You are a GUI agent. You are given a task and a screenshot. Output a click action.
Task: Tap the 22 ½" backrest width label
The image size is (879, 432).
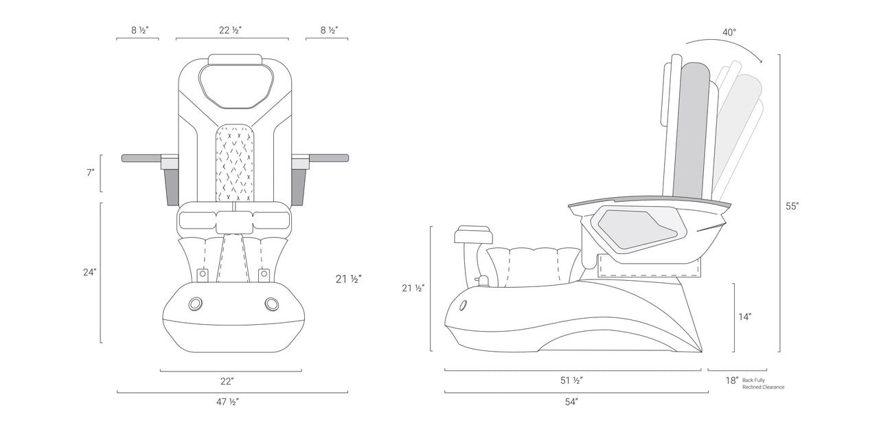(x=231, y=30)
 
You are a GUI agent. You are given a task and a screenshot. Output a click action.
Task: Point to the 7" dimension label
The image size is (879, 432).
(x=90, y=173)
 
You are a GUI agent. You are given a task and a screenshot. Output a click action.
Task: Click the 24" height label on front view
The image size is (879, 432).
(x=89, y=272)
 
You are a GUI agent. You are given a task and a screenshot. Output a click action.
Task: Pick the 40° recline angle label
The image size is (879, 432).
(x=730, y=32)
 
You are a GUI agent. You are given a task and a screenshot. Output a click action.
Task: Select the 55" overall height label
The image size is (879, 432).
(x=792, y=205)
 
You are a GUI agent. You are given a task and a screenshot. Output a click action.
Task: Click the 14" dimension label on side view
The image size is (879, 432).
(x=745, y=317)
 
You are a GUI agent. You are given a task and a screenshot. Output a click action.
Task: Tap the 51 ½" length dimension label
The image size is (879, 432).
(x=572, y=380)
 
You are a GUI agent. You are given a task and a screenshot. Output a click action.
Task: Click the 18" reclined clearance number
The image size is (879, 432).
(x=732, y=380)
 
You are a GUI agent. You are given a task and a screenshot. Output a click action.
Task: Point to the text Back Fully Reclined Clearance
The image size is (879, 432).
(x=762, y=383)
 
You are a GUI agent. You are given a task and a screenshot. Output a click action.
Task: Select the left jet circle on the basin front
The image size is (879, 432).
(x=196, y=303)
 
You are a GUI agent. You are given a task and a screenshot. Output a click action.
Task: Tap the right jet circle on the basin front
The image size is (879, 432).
(x=269, y=303)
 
